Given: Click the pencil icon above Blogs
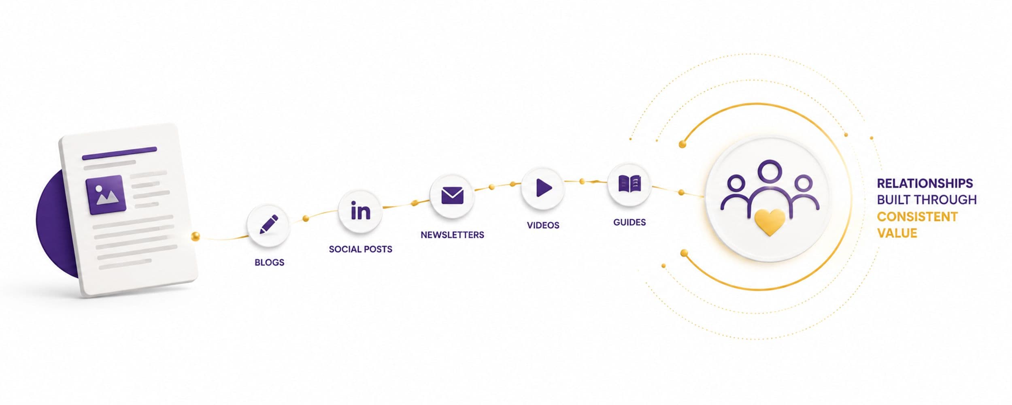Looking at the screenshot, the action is [x=269, y=224].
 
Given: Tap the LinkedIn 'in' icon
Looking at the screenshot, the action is [x=360, y=211].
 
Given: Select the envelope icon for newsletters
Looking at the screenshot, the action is [x=452, y=195].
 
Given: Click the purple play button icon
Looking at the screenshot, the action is [x=544, y=188].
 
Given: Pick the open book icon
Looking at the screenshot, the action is [x=629, y=183].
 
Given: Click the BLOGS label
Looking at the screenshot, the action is [x=269, y=262].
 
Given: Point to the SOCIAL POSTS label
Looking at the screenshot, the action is [x=360, y=249].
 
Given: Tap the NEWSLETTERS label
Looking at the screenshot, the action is [x=452, y=235].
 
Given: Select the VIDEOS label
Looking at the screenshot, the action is [x=543, y=225].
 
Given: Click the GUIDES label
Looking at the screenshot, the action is [x=629, y=222].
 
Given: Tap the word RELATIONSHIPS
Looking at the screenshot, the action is [x=925, y=183].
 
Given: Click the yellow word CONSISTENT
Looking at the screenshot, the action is [x=917, y=217].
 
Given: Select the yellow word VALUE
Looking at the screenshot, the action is [x=897, y=233].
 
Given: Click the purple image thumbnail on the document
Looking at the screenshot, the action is [x=105, y=195].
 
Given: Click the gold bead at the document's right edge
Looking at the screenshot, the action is [x=195, y=236].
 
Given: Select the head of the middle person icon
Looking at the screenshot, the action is [x=770, y=171].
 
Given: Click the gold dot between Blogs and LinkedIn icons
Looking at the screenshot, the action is [x=306, y=219].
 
